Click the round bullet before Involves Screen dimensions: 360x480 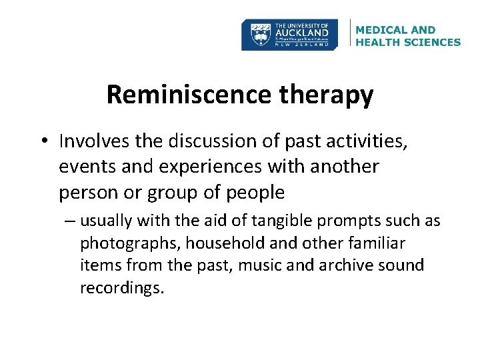pyautogui.click(x=45, y=141)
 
